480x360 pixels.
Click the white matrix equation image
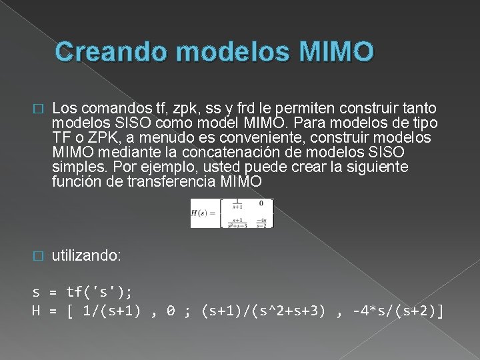(x=232, y=213)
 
